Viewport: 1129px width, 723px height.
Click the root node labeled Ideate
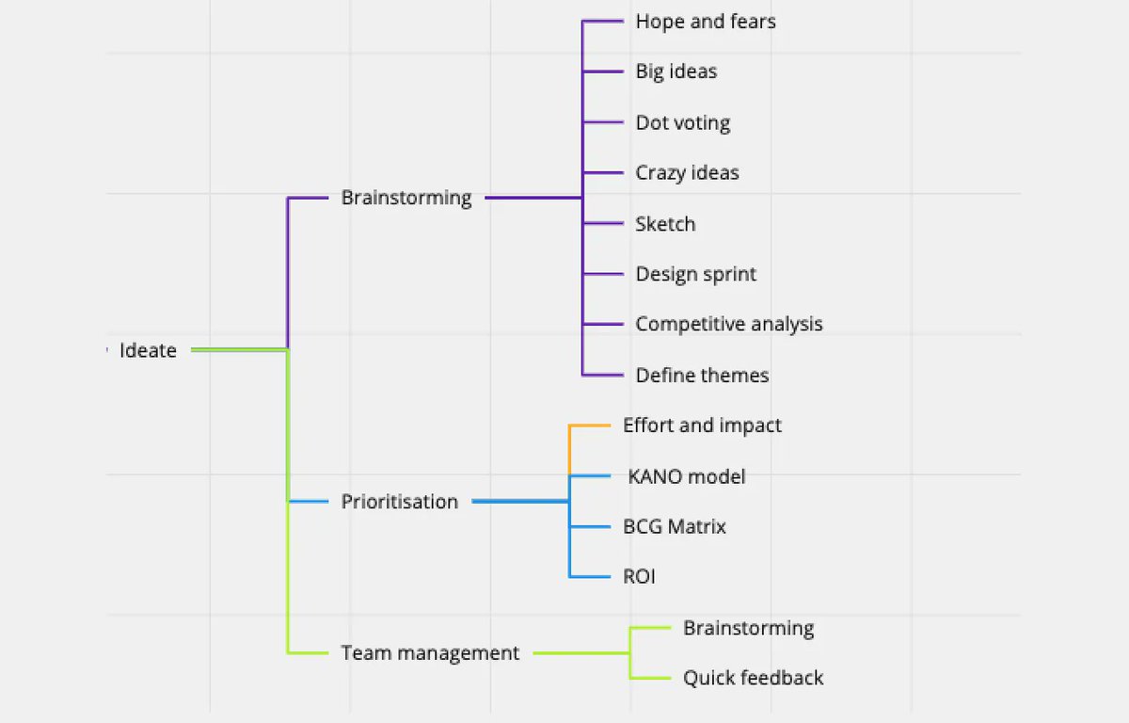148,350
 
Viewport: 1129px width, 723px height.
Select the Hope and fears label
706,21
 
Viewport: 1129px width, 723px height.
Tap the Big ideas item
676,72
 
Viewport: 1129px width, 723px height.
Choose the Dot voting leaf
682,122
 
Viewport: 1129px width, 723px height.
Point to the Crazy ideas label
687,173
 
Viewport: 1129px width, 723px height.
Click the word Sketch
665,224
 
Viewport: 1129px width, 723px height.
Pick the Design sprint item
695,274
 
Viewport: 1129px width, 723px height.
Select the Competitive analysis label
728,324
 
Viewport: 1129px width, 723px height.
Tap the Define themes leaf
702,375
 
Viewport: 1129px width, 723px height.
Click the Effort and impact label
702,426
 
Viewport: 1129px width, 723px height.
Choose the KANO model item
686,476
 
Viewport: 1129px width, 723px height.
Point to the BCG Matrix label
674,526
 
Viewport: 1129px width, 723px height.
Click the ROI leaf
639,576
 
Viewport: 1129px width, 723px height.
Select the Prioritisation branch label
399,502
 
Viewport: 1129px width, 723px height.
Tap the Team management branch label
430,652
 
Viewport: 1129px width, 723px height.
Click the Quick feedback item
753,678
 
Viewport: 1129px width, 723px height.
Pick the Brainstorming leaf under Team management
748,628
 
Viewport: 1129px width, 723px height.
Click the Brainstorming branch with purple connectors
406,198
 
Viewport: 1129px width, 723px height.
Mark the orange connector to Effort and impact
589,426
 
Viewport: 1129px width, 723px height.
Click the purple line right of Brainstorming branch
532,198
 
